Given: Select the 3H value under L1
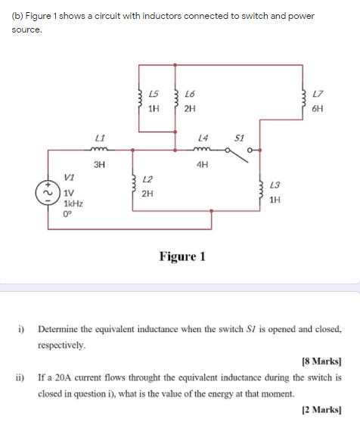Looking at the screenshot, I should [x=99, y=163].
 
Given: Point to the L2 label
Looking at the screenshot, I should [x=147, y=179].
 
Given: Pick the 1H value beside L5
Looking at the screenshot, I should [x=154, y=108].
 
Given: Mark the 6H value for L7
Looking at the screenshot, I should [x=318, y=108].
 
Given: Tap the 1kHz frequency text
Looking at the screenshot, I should [x=73, y=205].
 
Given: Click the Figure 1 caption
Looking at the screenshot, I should [x=182, y=256].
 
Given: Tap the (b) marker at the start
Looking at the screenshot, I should [x=17, y=16].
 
